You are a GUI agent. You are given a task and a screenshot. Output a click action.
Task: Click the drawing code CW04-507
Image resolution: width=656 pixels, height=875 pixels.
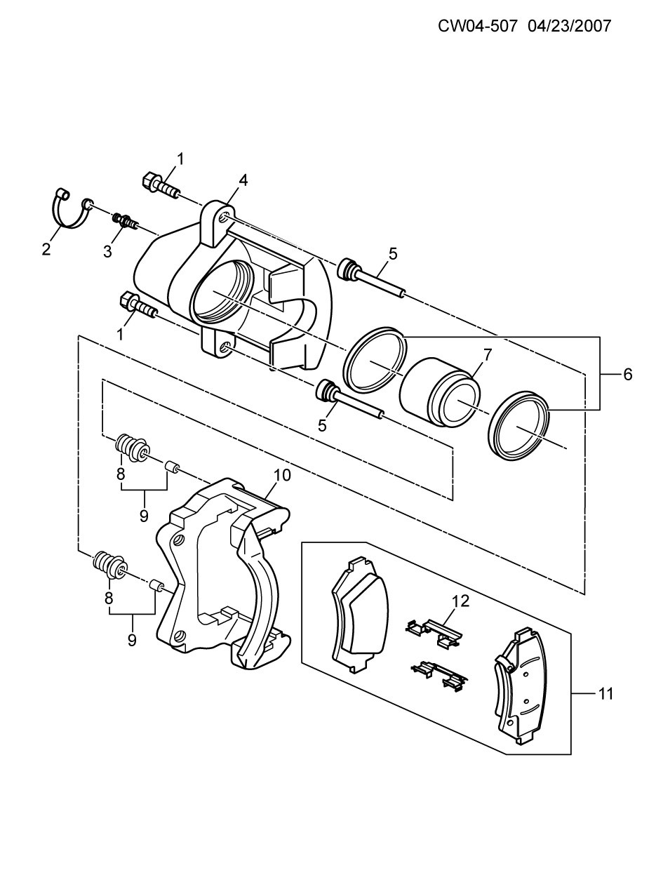(478, 26)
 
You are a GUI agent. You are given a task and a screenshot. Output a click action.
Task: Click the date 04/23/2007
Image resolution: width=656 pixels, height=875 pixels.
(569, 26)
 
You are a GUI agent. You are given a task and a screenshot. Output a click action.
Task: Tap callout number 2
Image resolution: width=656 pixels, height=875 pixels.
(46, 250)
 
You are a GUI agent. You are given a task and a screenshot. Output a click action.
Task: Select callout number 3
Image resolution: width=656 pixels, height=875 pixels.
(107, 251)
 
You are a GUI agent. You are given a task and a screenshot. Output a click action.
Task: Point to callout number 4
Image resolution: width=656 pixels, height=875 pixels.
(243, 180)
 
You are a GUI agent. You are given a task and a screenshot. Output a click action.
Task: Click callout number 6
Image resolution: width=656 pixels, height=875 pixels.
(628, 374)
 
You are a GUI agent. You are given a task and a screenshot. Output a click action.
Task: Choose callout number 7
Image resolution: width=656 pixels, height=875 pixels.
(488, 354)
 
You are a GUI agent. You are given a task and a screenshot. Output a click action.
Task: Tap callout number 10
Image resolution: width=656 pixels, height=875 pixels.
(282, 475)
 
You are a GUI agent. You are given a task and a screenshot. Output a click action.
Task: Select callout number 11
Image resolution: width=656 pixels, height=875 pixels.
(605, 694)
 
